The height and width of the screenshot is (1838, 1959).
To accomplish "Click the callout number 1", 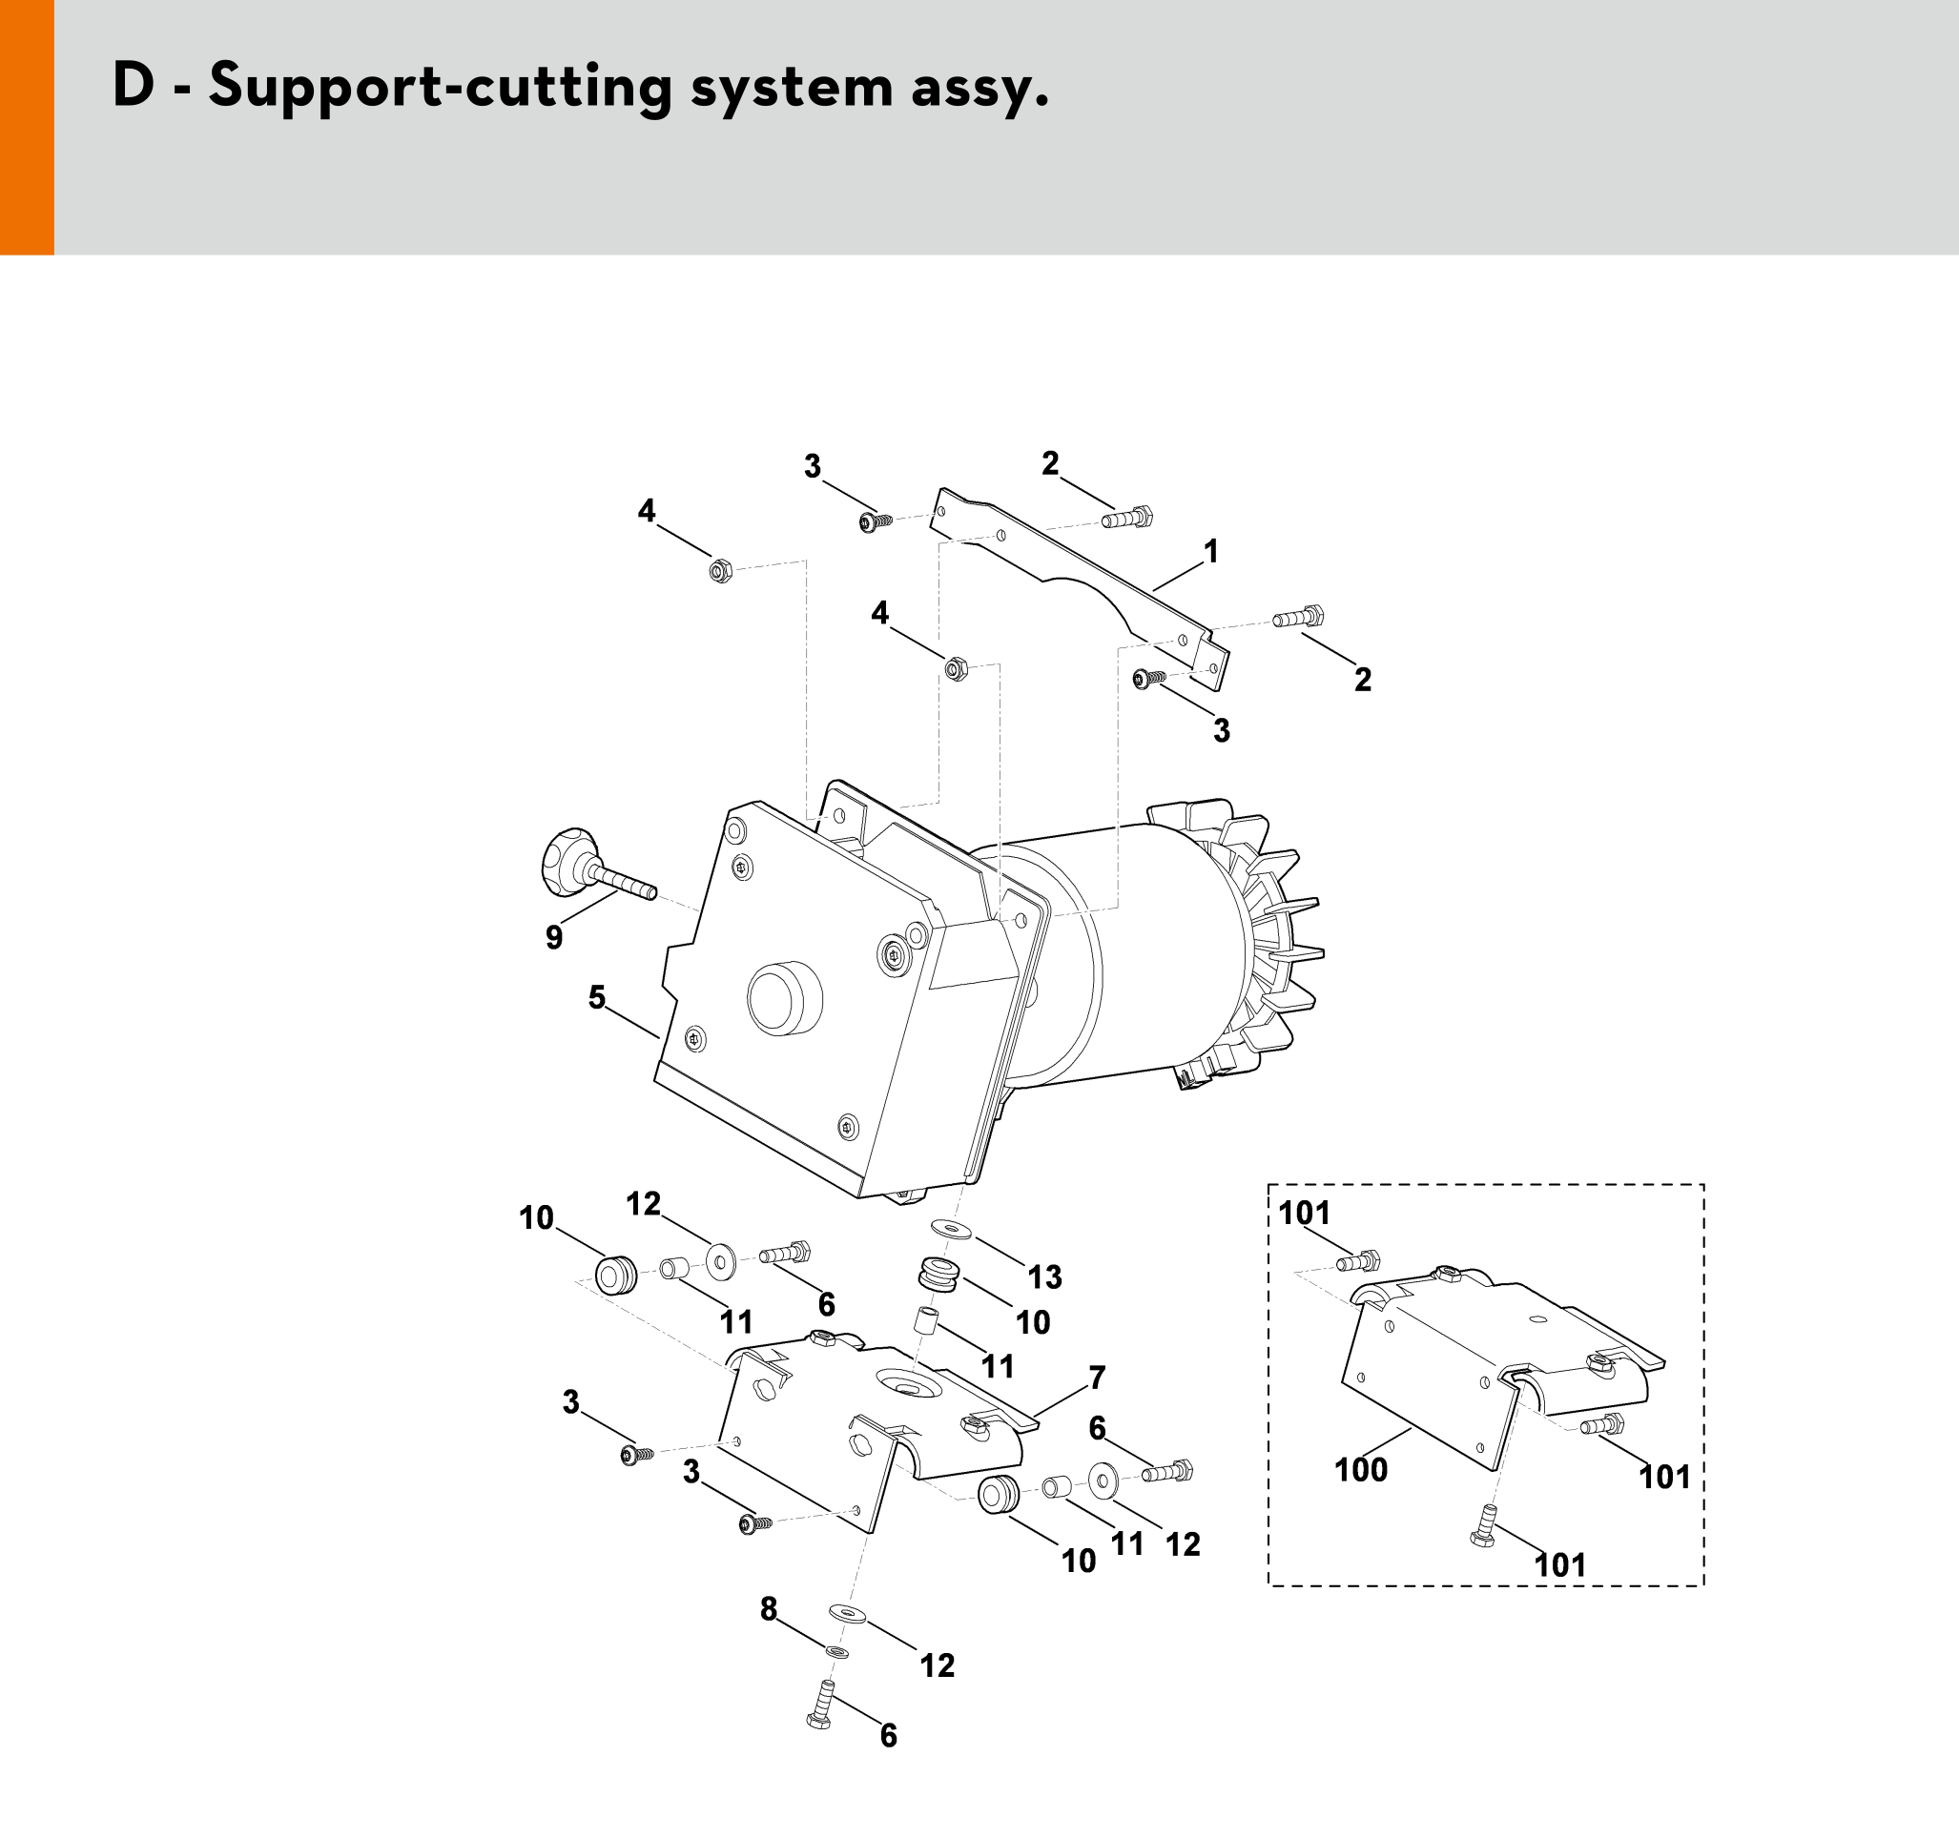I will click(1211, 552).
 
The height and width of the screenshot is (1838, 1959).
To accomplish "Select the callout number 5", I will click(597, 998).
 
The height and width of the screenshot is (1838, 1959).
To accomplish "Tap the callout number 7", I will click(1097, 1377).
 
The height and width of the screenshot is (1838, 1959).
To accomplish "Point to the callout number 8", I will click(769, 1609).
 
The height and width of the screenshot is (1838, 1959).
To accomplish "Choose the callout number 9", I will click(554, 937).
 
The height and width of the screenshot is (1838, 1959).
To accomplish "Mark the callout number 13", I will click(1044, 1277).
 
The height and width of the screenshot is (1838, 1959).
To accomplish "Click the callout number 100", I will click(1361, 1470).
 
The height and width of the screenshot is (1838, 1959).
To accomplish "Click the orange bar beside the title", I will click(27, 127).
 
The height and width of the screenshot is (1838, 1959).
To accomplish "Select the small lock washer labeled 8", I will click(836, 1651).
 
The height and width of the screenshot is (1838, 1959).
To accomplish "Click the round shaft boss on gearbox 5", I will click(784, 998).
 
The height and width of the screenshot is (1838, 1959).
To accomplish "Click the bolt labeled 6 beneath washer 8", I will click(821, 1704).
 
